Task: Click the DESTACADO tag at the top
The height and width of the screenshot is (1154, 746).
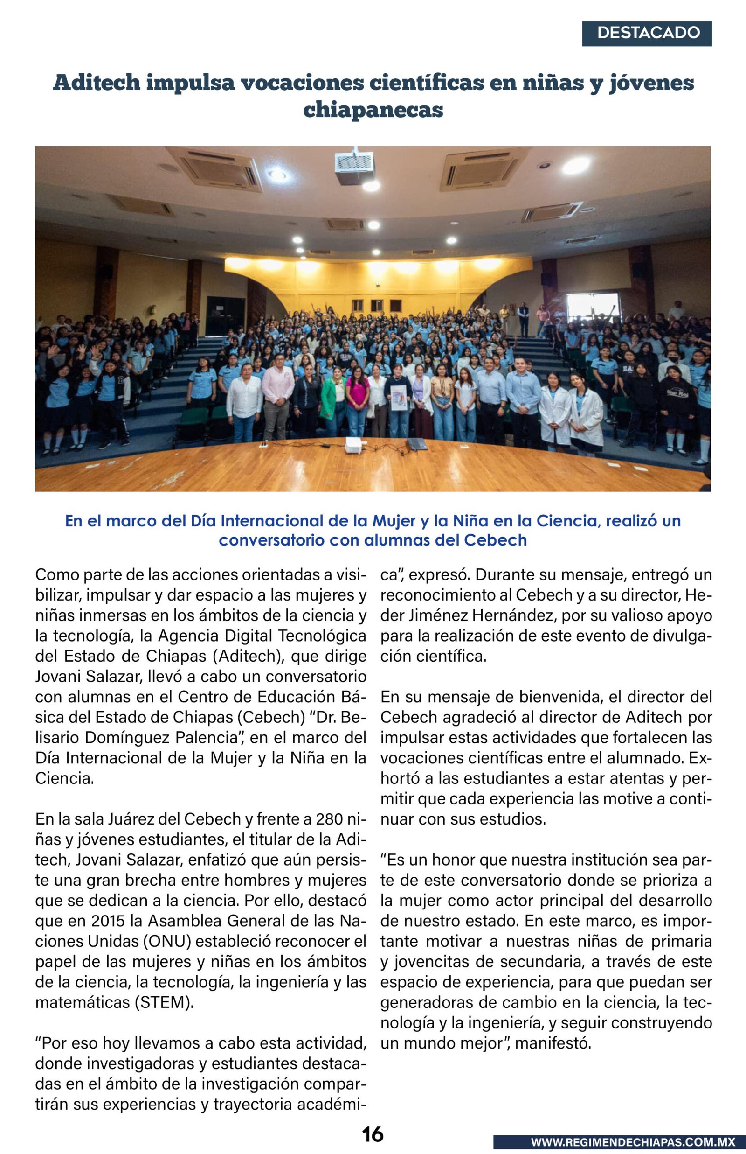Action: point(647,34)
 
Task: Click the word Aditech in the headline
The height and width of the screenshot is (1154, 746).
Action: point(97,83)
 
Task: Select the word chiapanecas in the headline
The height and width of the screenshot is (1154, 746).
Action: point(373,110)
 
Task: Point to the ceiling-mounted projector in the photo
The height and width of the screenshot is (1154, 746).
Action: point(355,168)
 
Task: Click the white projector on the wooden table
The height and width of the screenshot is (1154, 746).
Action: point(353,444)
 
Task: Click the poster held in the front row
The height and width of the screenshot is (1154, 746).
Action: point(399,398)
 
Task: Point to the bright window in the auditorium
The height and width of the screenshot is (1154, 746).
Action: point(593,306)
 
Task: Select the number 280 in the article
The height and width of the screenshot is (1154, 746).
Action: point(329,819)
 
